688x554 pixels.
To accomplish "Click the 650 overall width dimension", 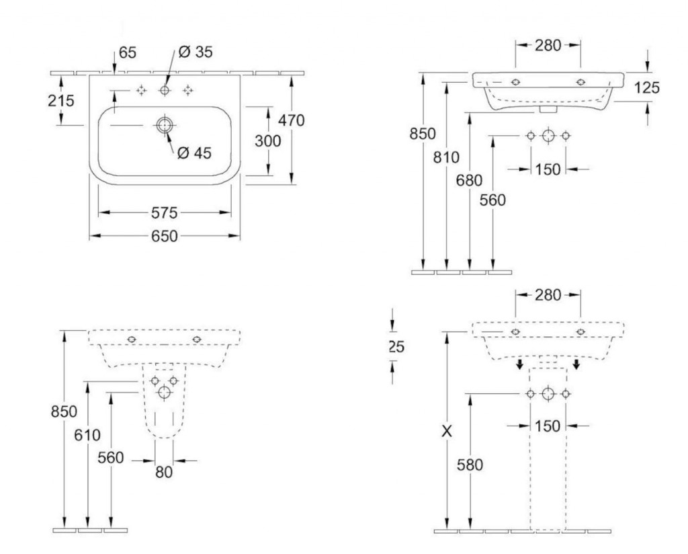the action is (165, 236).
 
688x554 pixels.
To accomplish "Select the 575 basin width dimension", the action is (165, 213).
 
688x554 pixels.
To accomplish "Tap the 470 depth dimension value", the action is (292, 120).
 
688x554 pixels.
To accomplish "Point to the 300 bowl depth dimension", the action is (267, 141).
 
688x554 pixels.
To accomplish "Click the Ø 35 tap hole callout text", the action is (196, 52).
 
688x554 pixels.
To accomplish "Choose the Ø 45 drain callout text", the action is (194, 153).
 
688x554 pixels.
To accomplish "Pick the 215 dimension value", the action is (61, 101).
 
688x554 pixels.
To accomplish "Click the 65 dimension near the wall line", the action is (128, 52).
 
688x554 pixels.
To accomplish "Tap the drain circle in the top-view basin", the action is (165, 125).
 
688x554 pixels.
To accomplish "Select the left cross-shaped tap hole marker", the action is (141, 91).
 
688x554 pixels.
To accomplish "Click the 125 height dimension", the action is (647, 88).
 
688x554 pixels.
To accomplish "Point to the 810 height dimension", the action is (446, 157).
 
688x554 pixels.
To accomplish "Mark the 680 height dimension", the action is (469, 180).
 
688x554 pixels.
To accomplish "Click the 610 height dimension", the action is (87, 435).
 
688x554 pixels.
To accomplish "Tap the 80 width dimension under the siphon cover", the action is (164, 473).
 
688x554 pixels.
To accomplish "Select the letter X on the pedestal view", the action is (447, 432).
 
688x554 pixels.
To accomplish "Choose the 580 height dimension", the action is (470, 465).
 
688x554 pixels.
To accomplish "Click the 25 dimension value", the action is (396, 347).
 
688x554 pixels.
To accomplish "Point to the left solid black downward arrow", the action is (519, 364).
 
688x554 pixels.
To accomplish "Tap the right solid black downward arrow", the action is (576, 364).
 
